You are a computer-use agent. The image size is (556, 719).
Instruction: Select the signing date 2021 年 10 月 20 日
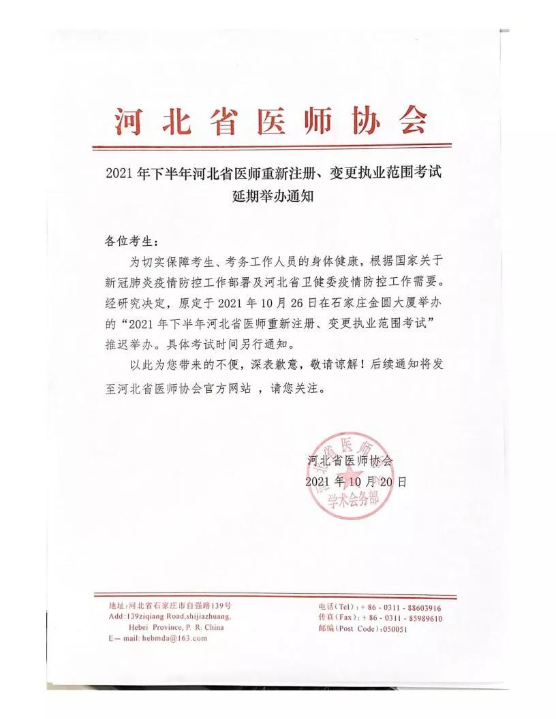pyautogui.click(x=356, y=481)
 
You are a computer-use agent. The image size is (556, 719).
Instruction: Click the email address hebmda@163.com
pyautogui.click(x=174, y=638)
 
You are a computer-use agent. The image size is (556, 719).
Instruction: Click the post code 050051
pyautogui.click(x=394, y=629)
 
